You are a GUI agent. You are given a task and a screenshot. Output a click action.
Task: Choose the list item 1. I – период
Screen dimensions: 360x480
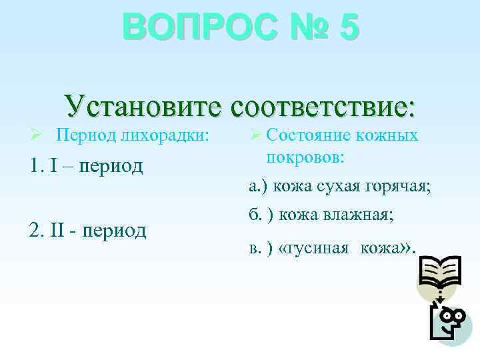[86, 165]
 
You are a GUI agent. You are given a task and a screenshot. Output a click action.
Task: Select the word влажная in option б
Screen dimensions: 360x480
[359, 215]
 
